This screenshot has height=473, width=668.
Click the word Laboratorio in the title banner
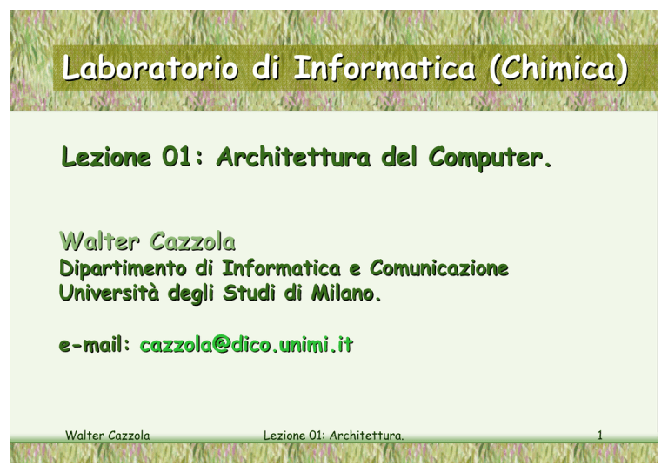(x=150, y=68)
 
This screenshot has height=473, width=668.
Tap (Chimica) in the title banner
(x=558, y=69)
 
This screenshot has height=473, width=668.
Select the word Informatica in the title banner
(x=384, y=68)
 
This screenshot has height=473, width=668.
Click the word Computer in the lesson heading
(x=490, y=158)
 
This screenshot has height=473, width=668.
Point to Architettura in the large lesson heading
(x=293, y=157)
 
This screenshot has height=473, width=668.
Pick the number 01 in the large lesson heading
(x=177, y=157)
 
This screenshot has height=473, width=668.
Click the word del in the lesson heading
(x=399, y=157)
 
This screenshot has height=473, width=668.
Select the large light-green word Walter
(x=99, y=241)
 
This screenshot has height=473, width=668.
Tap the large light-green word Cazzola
(x=192, y=242)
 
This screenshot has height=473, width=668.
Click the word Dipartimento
(x=124, y=268)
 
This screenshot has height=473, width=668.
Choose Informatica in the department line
(x=282, y=267)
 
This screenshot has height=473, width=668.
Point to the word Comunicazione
(x=439, y=267)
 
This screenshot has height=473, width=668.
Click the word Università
(x=109, y=293)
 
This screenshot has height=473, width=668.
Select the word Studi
(x=250, y=293)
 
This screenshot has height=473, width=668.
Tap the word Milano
(x=346, y=293)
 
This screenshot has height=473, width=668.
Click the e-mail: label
(x=95, y=344)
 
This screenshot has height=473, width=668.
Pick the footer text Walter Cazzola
(x=107, y=435)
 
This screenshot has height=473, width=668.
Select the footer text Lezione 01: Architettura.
(x=334, y=435)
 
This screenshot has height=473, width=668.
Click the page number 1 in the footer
(x=600, y=435)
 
